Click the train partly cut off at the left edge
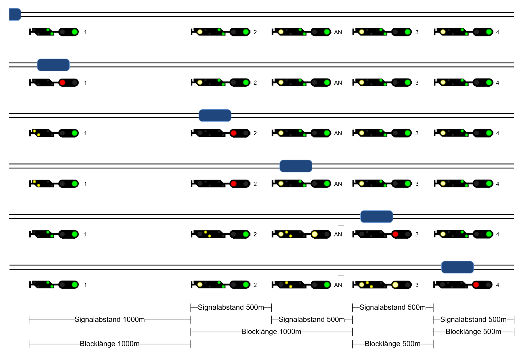[15, 15]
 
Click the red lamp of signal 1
[62, 82]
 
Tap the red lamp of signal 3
[395, 234]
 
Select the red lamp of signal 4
[476, 285]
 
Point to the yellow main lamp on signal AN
[315, 234]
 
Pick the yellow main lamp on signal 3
[395, 285]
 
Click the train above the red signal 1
[53, 65]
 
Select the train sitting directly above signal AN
[296, 166]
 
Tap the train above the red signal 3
[376, 217]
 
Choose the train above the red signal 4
[457, 267]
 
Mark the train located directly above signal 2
[215, 116]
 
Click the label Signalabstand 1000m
[110, 319]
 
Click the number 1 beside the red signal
[85, 83]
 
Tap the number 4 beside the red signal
[497, 285]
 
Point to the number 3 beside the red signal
[417, 234]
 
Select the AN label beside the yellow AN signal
[338, 234]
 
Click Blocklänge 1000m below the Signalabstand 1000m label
[110, 344]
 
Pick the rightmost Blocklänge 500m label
[473, 331]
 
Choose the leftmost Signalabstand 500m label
[231, 307]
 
